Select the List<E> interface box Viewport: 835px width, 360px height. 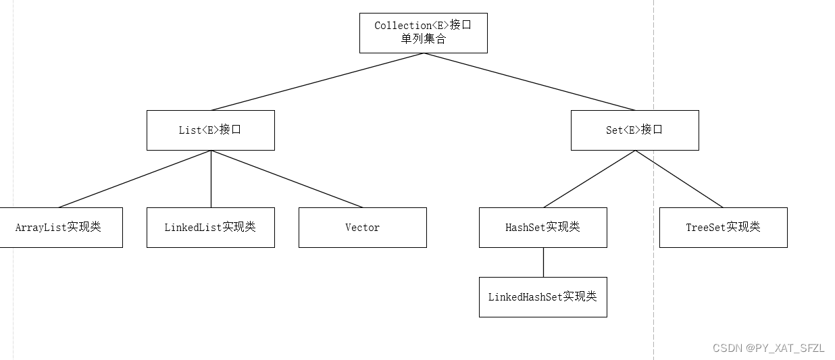point(211,130)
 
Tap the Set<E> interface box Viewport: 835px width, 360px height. point(634,130)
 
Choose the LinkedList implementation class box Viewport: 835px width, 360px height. point(211,228)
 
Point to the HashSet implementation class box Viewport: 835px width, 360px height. point(542,228)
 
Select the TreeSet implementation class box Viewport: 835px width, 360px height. point(723,228)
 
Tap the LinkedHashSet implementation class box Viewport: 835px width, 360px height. point(542,297)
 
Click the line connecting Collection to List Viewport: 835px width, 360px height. point(318,82)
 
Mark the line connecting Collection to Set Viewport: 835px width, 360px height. point(529,82)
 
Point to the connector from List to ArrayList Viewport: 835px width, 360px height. point(135,179)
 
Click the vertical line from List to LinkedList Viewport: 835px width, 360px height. point(211,179)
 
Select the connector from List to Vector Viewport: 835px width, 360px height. point(286,179)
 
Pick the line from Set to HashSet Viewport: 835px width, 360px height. point(589,179)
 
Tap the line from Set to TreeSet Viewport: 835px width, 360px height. point(679,179)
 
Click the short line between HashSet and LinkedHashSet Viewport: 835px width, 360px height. point(543,262)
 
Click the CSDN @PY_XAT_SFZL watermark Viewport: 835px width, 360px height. point(769,349)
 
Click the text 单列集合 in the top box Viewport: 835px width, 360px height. point(423,39)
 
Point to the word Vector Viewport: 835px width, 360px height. point(362,228)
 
